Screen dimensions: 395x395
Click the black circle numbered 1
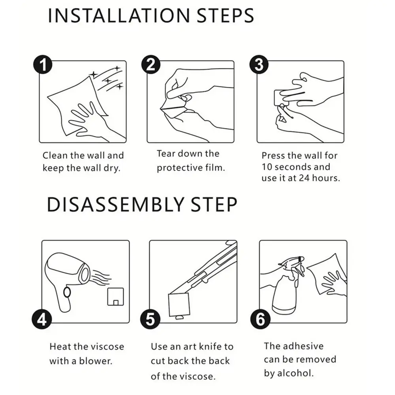(43, 64)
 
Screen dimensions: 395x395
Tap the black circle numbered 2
(150, 64)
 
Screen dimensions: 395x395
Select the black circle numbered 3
(259, 64)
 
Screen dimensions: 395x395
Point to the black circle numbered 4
(41, 320)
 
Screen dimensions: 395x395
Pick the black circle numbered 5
(150, 320)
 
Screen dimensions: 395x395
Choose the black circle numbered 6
(260, 320)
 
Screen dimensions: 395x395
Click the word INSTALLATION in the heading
(118, 16)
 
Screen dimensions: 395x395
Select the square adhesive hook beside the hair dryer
(116, 297)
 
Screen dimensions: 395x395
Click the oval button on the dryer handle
(67, 292)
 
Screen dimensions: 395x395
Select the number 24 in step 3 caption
(304, 178)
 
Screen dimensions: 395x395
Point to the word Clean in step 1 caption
(55, 155)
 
